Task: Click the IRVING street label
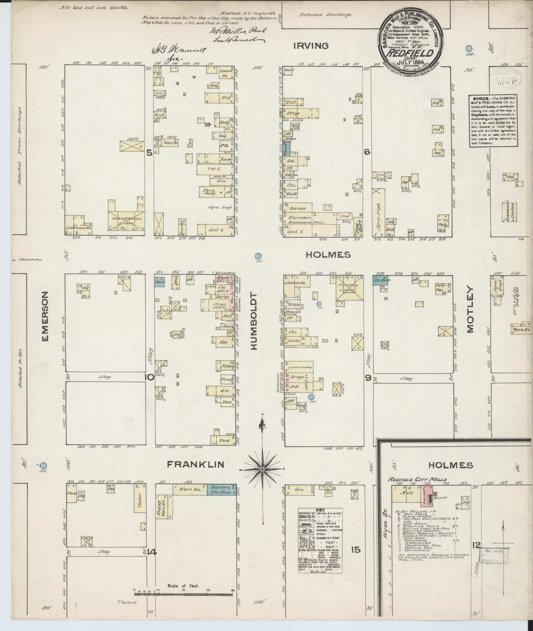point(311,46)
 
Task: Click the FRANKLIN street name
point(195,464)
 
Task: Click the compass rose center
point(262,469)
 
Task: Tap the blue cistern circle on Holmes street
point(258,256)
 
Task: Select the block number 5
point(149,153)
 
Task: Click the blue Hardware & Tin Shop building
point(222,489)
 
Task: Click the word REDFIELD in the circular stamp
point(411,53)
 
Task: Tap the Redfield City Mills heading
point(417,479)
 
